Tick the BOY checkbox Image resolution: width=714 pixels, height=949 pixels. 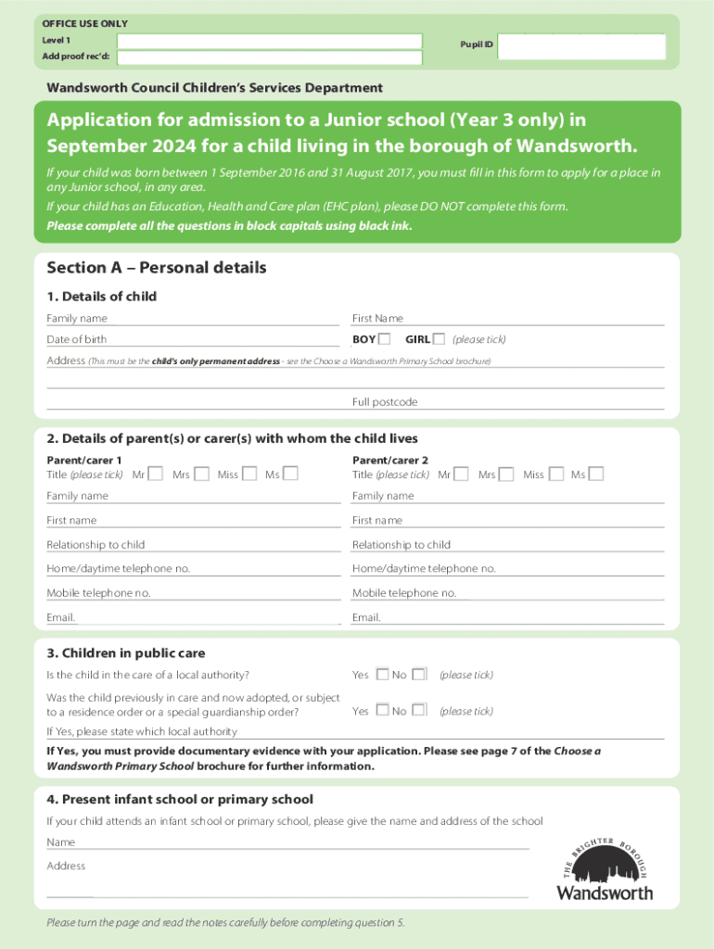tap(385, 339)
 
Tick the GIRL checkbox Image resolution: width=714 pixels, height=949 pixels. tap(439, 339)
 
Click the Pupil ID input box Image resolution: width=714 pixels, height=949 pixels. tap(581, 46)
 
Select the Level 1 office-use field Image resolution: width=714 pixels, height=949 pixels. tap(269, 42)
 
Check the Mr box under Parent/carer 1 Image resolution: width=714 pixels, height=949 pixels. tap(156, 474)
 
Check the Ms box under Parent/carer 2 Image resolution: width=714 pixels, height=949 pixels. tap(596, 474)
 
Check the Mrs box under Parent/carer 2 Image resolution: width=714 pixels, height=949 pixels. tap(505, 474)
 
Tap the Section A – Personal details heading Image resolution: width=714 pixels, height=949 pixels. tap(157, 268)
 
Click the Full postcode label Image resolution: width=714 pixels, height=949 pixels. tap(385, 402)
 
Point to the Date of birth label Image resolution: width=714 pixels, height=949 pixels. tap(77, 340)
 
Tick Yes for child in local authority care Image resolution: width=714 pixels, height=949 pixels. tap(382, 674)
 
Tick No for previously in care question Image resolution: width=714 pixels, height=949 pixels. tap(419, 710)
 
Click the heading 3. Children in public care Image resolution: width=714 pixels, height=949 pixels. tap(126, 653)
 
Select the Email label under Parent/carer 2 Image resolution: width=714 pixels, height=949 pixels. tap(366, 617)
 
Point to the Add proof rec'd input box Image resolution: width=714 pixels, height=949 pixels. tap(269, 57)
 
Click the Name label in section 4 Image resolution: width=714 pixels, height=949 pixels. tap(61, 842)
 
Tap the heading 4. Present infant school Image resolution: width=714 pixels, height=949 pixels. tap(180, 799)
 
